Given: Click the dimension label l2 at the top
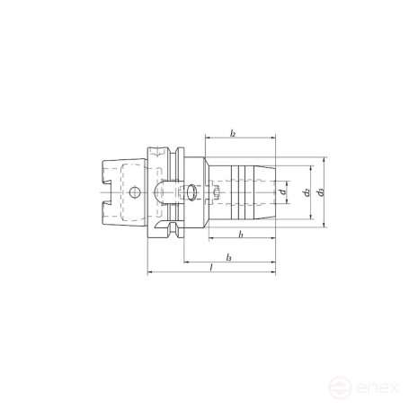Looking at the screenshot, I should pos(232,133).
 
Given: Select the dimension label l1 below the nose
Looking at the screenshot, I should pos(242,235).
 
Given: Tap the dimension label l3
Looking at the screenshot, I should pos(230,258).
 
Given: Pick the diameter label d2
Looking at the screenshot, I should pos(307,192).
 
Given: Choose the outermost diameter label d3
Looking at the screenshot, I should pos(322,192).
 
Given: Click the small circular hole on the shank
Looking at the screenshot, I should pos(134,192).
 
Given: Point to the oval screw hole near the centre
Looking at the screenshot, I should pos(191,192).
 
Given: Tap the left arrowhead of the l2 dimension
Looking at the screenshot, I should pos(209,139).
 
